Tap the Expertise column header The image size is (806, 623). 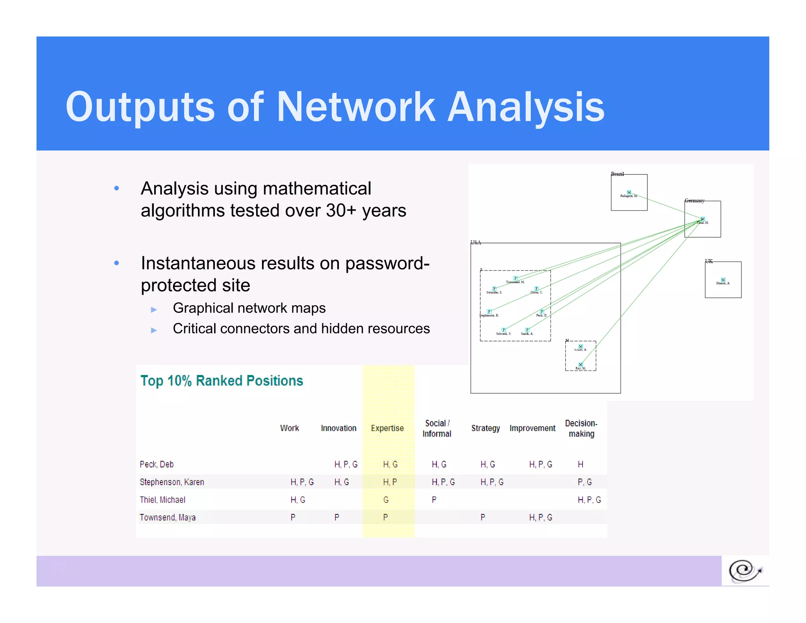(x=387, y=428)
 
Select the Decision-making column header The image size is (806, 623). (x=581, y=428)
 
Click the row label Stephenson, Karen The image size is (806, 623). (x=172, y=482)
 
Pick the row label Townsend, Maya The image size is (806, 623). (x=168, y=517)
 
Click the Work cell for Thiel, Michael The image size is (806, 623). (x=298, y=500)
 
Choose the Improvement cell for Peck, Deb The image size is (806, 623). (x=541, y=465)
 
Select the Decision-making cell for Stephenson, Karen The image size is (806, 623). (x=585, y=482)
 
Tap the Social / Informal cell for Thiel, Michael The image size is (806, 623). (x=434, y=500)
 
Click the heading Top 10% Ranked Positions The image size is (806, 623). (x=222, y=381)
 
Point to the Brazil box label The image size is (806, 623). (x=617, y=174)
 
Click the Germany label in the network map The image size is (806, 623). (x=694, y=201)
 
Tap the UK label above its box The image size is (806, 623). (x=709, y=261)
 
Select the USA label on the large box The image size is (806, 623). (x=476, y=243)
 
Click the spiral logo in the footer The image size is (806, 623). (x=745, y=571)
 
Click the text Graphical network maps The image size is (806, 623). (x=249, y=308)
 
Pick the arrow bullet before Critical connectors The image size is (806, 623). (x=154, y=330)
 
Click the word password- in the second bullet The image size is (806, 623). (x=387, y=263)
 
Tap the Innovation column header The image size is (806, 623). (x=338, y=428)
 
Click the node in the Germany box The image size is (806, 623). (x=703, y=219)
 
